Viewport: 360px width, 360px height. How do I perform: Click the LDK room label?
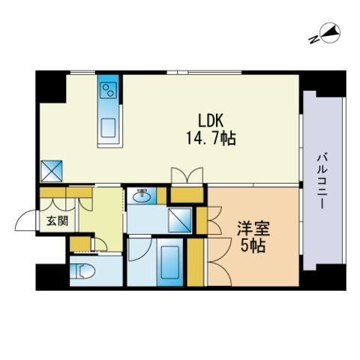(210, 121)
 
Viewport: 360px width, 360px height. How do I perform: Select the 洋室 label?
(253, 228)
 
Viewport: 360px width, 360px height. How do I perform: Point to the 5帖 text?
(253, 246)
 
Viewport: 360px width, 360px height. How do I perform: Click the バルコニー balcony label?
(322, 181)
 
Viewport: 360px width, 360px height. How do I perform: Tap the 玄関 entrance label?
(58, 221)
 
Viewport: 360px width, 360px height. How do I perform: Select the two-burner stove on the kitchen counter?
(108, 90)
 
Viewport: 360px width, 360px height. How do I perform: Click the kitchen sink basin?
(108, 127)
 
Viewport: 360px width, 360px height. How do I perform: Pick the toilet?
(82, 271)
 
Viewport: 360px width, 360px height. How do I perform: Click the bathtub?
(170, 262)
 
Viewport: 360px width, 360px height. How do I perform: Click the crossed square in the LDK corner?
(52, 171)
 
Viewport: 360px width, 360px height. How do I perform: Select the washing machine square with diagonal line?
(180, 220)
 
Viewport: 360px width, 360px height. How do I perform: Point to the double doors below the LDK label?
(187, 175)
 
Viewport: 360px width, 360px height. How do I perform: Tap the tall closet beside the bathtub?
(195, 262)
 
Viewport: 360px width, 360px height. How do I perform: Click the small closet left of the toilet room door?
(80, 244)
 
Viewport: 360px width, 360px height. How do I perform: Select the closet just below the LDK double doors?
(187, 195)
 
